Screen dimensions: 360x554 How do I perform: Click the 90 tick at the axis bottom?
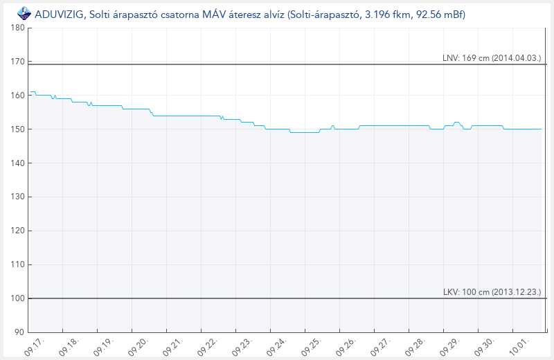[19, 332]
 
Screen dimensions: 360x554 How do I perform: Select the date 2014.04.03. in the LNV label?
[518, 58]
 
